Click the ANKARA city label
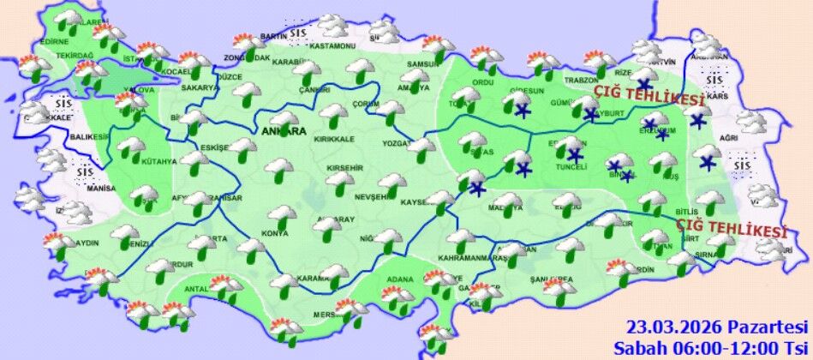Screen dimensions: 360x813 284,133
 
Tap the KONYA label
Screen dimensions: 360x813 276,233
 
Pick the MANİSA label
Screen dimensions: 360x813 101,188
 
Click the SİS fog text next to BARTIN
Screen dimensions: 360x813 298,35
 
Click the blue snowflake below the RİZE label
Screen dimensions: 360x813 643,84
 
